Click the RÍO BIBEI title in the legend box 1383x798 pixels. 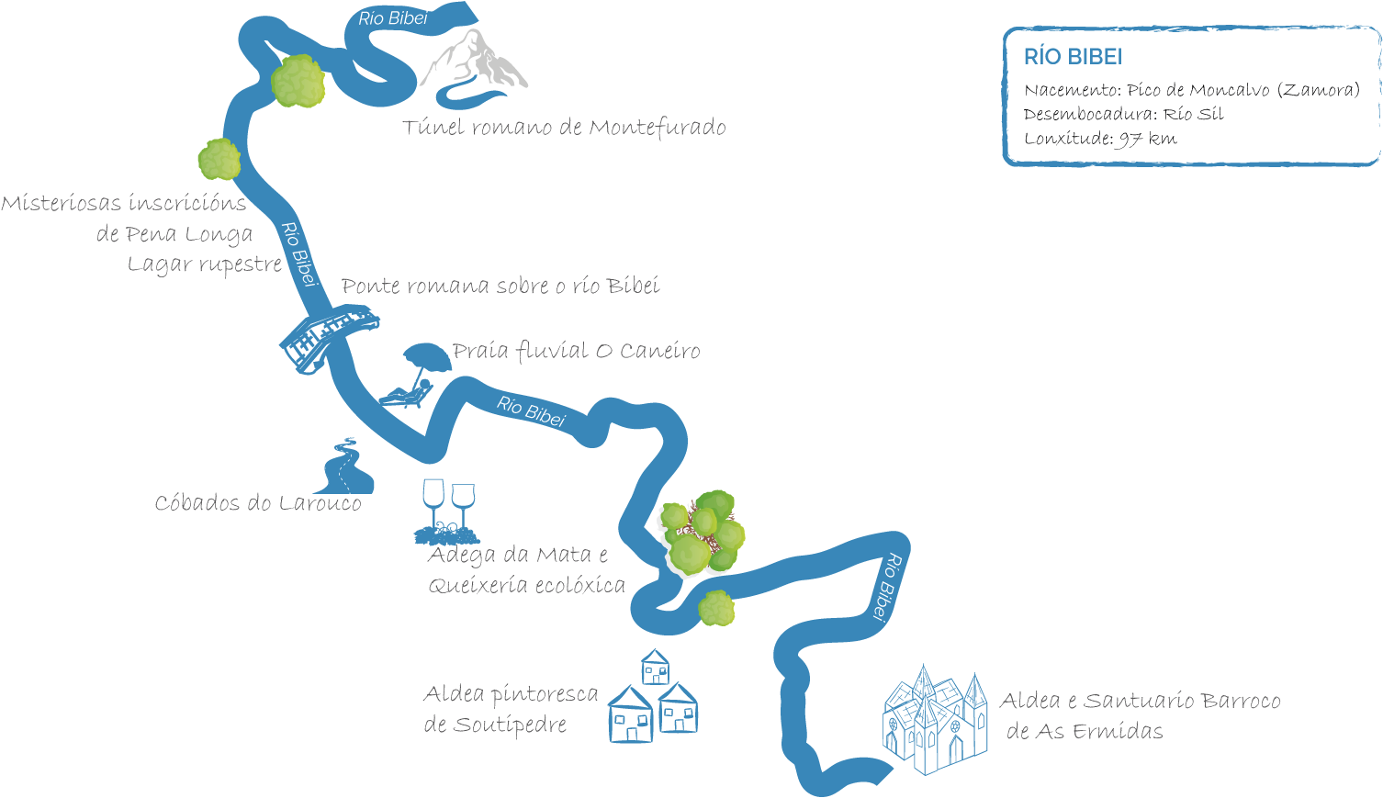1073,57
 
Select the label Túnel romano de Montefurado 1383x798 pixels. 564,127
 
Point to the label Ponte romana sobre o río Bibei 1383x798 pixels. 500,286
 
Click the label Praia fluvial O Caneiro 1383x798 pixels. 576,351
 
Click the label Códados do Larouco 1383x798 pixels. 258,503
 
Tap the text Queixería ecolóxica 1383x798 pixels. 526,585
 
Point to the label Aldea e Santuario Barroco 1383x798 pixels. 1140,702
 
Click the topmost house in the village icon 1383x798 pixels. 655,667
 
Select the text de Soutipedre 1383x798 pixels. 495,725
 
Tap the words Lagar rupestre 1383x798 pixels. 204,264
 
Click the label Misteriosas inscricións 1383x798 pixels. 124,203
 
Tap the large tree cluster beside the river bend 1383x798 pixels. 703,533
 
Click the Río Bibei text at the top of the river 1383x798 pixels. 393,17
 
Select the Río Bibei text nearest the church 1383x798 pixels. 886,588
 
